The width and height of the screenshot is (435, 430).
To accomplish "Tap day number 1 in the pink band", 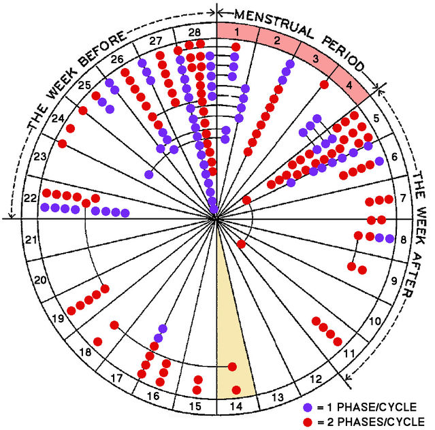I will point(236,32).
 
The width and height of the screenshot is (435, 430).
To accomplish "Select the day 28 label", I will point(195,32).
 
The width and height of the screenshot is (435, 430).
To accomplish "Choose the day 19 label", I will point(57,318).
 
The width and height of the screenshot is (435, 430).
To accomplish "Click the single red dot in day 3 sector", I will point(324,84).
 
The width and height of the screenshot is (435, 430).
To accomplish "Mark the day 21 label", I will point(30,239).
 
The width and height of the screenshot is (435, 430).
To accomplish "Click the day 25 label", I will point(84,86).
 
